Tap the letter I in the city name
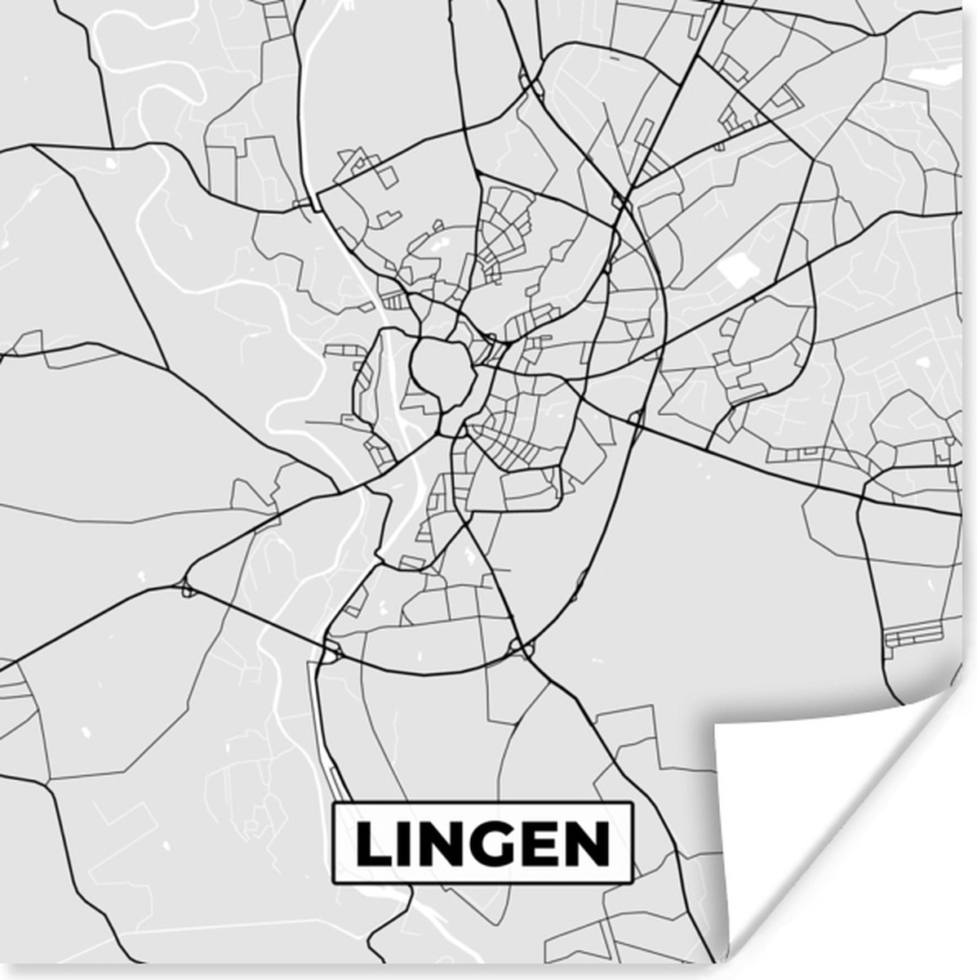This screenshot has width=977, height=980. pos(406,844)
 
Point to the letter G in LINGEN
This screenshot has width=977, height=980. pos(492,844)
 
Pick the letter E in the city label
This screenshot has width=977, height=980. pos(540,844)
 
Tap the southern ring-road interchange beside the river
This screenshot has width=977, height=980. pos(332,649)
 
